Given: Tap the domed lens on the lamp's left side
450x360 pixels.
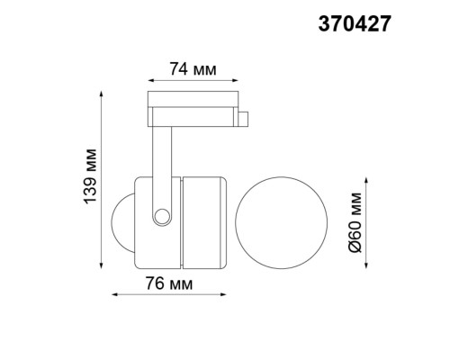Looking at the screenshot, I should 122,221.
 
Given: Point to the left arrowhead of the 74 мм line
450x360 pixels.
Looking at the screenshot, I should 148,77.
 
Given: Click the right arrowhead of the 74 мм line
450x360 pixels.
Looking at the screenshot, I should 238,77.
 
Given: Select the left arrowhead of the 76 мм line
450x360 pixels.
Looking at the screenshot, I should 112,294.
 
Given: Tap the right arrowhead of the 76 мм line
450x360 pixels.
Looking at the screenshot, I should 225,294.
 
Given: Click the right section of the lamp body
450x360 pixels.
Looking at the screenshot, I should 203,222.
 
